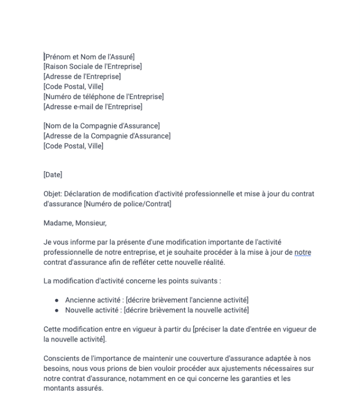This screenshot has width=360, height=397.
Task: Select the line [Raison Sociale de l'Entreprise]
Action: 92,66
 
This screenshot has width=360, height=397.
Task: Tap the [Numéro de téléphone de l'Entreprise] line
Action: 103,96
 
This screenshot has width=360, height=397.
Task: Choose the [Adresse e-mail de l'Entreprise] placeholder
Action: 93,107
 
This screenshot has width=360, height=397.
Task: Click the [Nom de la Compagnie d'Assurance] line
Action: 101,126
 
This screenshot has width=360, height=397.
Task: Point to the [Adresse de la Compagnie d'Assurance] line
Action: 107,136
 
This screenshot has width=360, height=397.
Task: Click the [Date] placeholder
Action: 53,174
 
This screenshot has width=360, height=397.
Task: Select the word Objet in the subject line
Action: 52,194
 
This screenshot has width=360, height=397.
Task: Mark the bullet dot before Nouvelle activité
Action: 57,310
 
